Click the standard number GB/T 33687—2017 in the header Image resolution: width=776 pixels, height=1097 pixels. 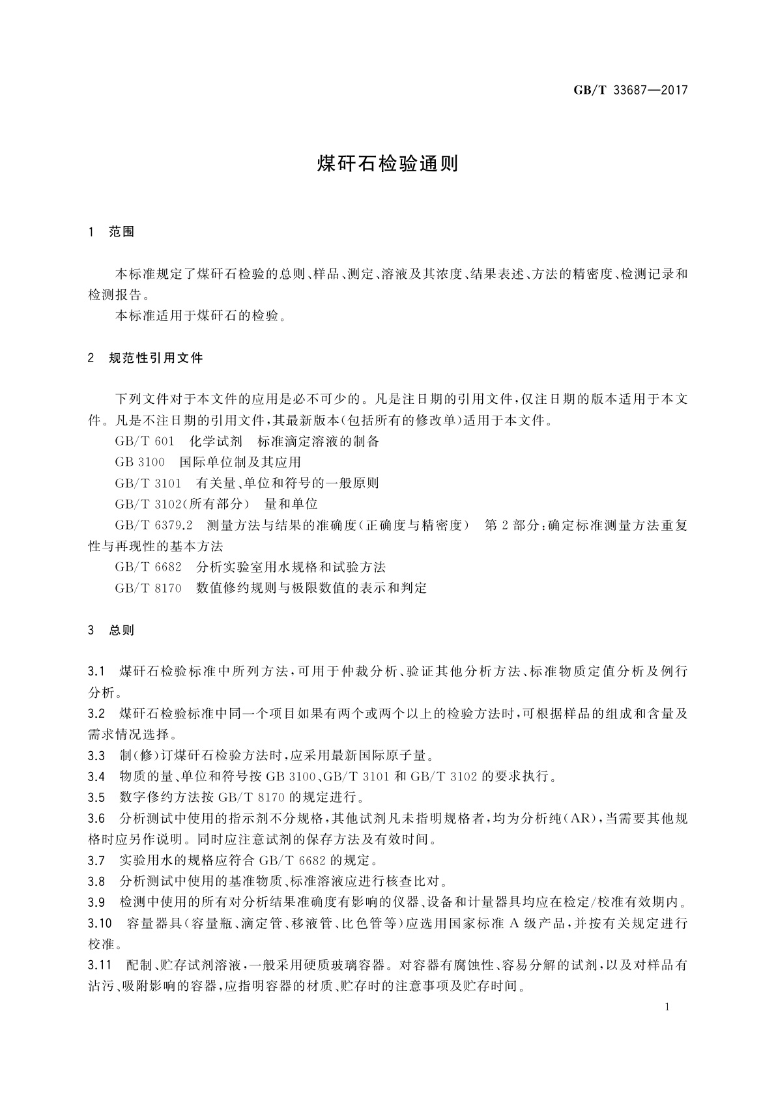point(630,91)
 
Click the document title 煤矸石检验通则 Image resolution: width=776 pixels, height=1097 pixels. point(388,164)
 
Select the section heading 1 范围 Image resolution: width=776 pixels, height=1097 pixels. point(111,232)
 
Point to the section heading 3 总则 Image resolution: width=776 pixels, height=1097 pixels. point(111,630)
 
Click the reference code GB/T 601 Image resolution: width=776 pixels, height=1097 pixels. point(145,442)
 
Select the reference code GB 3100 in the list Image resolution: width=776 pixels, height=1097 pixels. point(140,463)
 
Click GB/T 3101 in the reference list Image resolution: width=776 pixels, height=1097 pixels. point(148,483)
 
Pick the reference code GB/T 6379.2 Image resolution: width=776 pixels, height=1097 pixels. point(154,525)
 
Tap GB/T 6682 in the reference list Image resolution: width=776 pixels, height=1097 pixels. point(148,567)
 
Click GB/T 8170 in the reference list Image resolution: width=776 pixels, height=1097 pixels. point(148,588)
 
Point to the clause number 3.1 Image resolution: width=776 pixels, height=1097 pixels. point(96,671)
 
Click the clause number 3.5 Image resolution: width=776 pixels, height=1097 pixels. point(96,797)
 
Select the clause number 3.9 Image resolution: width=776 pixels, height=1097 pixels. point(96,902)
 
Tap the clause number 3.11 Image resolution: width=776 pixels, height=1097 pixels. point(99,965)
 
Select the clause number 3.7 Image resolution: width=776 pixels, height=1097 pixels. point(96,861)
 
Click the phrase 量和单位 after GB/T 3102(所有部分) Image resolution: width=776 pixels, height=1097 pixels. point(291,504)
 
